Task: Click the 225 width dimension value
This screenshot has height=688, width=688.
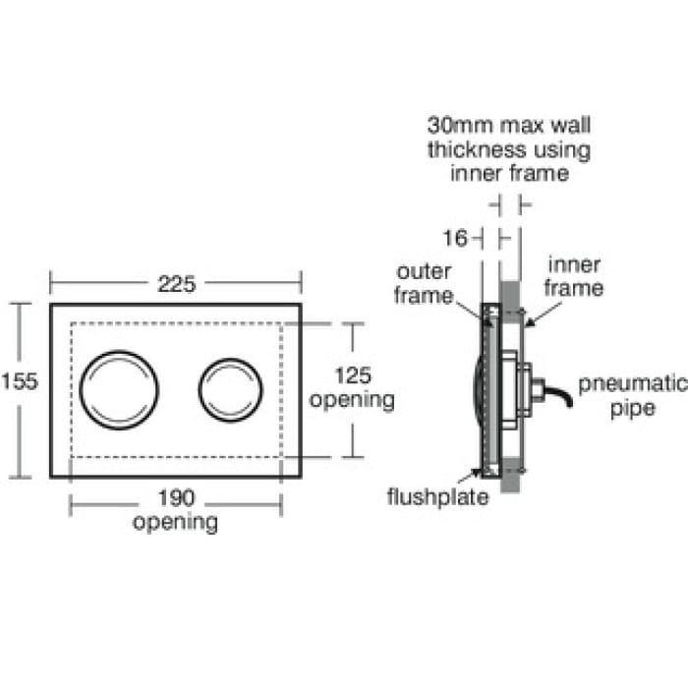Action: (176, 284)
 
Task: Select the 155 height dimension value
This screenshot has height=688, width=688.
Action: (20, 381)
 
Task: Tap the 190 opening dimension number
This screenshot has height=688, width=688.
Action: (176, 498)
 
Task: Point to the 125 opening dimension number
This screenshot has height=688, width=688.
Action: (353, 375)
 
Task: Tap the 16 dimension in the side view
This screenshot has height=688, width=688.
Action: (455, 238)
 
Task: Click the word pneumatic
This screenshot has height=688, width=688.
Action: (633, 385)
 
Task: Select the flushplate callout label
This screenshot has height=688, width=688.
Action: (438, 497)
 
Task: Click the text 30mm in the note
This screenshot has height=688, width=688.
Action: (460, 125)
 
